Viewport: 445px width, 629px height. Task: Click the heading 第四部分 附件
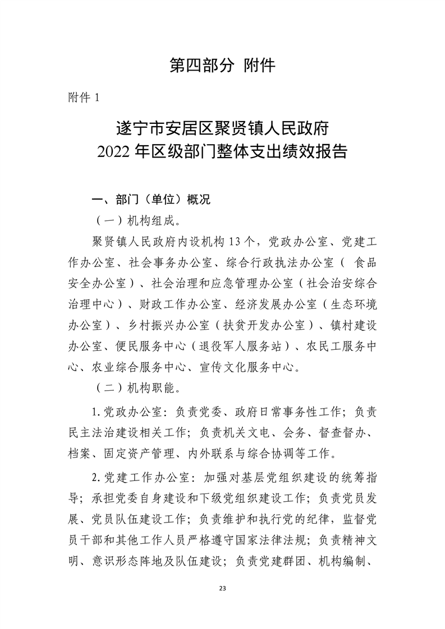[222, 66]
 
